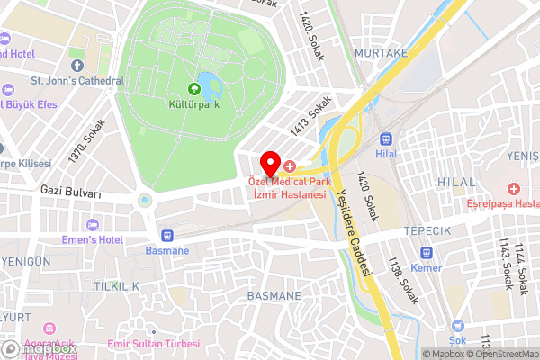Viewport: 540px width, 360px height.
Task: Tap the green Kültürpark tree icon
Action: [193, 88]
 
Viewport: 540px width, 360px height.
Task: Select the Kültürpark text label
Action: [193, 104]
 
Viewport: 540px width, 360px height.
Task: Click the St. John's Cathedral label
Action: [77, 81]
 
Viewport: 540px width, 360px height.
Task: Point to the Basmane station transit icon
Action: [167, 235]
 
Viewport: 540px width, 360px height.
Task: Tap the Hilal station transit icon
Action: [387, 139]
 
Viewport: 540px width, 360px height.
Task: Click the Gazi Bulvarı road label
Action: [70, 193]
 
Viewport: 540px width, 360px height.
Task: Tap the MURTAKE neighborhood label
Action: [382, 53]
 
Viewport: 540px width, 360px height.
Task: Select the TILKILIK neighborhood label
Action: [116, 285]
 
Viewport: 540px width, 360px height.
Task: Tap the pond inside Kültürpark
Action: [211, 87]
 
